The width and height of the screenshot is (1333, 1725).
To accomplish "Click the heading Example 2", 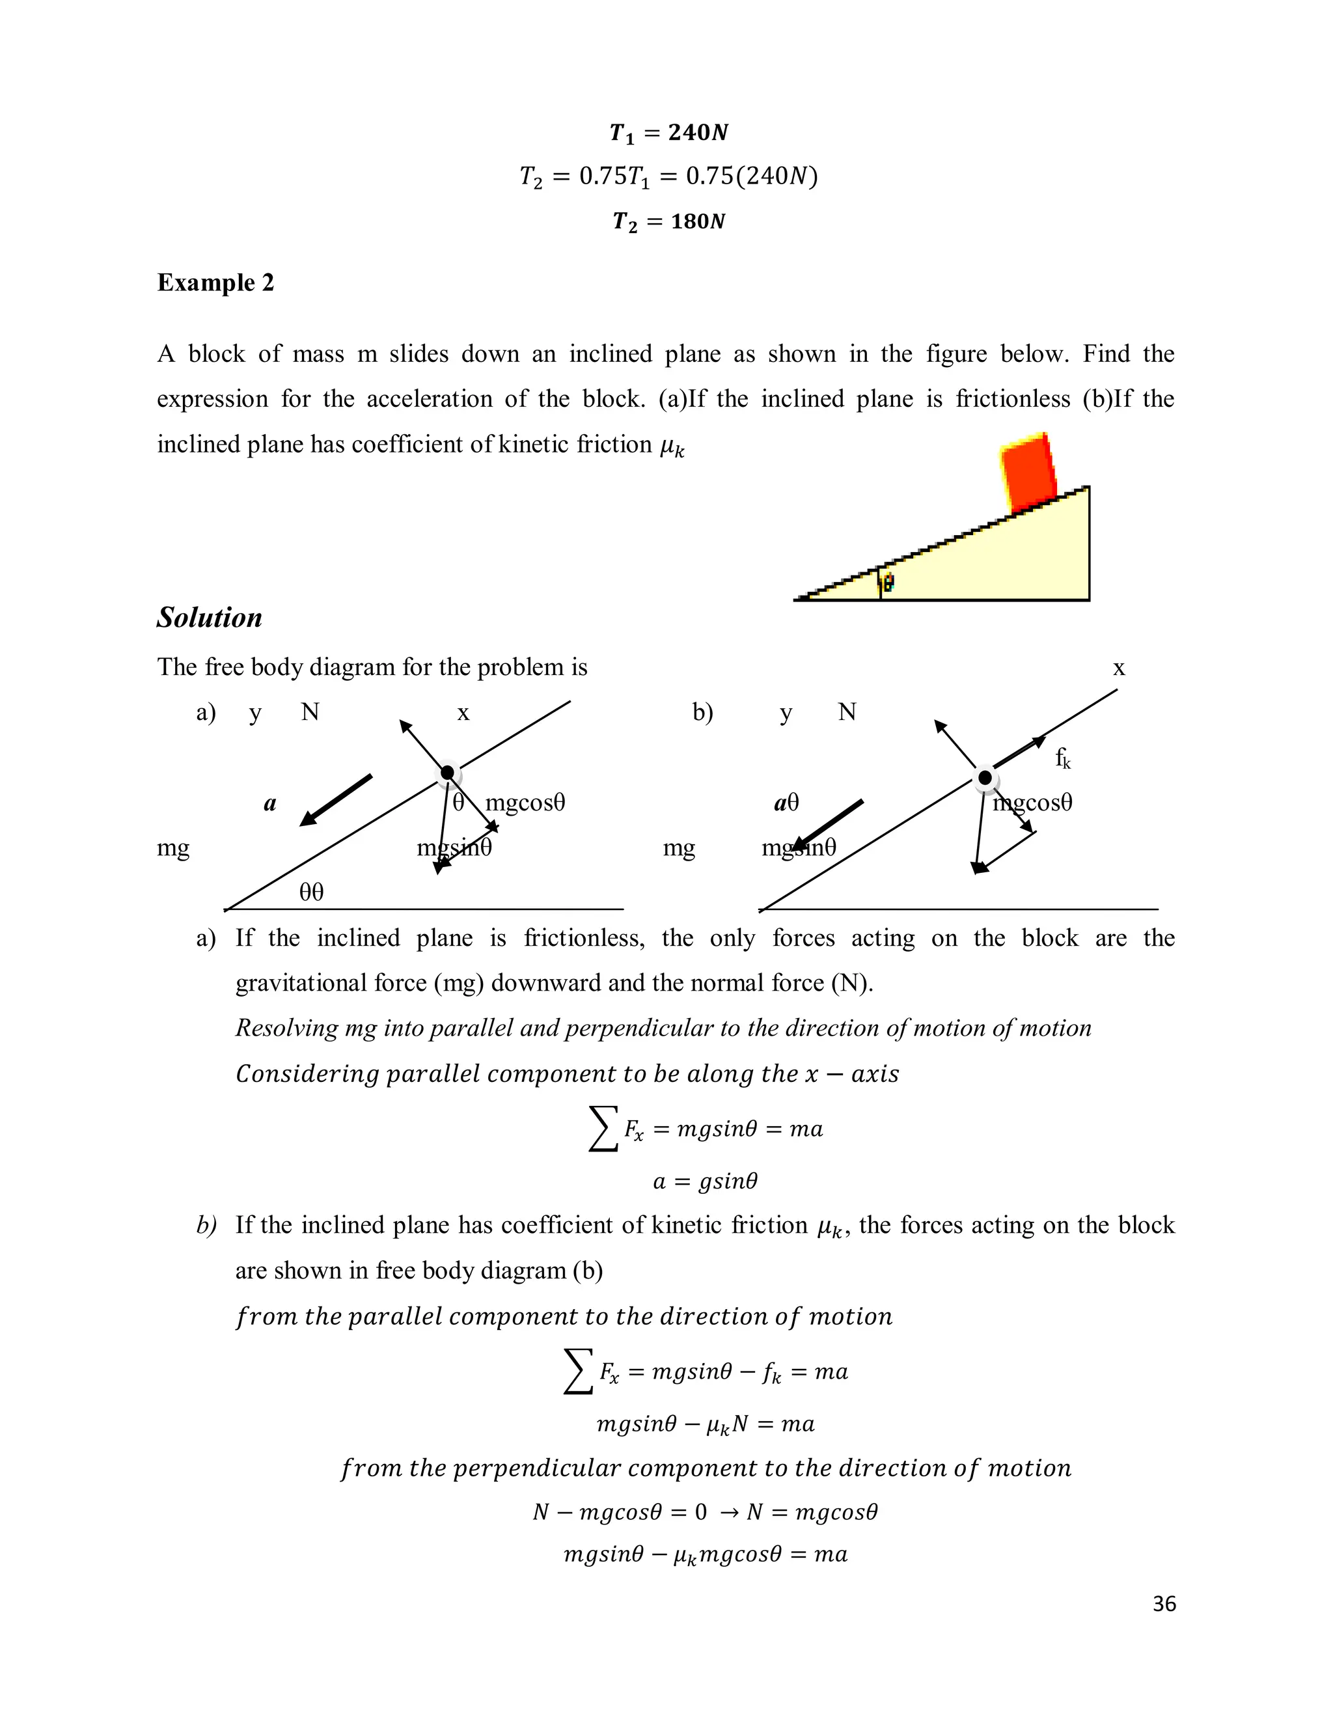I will [x=215, y=283].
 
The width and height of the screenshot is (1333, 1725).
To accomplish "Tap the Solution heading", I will [x=210, y=618].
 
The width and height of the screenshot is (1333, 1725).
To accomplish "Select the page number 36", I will [x=1164, y=1604].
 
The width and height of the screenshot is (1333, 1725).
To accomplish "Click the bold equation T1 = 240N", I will [x=668, y=133].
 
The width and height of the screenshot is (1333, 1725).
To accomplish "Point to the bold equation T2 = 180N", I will [x=668, y=221].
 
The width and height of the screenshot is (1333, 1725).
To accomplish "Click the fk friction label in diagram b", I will [x=1063, y=759].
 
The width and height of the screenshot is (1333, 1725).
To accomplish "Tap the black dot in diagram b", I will [x=985, y=778].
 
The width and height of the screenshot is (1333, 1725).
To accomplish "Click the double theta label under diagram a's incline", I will [x=311, y=892].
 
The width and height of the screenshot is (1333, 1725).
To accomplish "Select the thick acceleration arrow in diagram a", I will [x=337, y=799].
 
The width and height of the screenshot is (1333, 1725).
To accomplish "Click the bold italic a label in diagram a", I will [x=270, y=804].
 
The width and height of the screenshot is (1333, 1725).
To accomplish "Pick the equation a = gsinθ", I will [x=705, y=1181].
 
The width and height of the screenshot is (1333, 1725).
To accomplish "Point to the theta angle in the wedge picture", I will [x=888, y=583].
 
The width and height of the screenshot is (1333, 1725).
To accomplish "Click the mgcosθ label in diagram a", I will [x=525, y=803].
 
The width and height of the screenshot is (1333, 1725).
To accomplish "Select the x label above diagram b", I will [x=1118, y=669].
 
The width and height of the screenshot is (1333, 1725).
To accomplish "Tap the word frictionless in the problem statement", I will [x=1012, y=399].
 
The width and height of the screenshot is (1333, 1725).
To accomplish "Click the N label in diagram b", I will [x=847, y=712].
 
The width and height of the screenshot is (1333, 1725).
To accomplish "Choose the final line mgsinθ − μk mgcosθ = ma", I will [x=705, y=1554].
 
